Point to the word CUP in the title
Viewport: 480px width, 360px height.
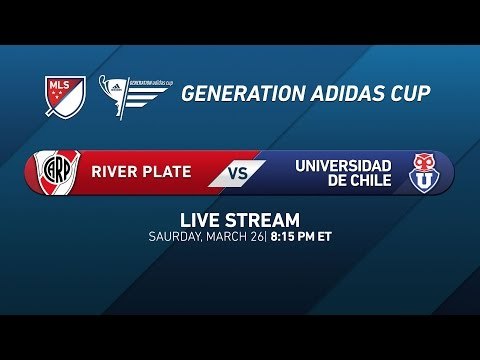coord(410,94)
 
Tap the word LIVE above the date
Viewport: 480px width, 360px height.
coord(199,220)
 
